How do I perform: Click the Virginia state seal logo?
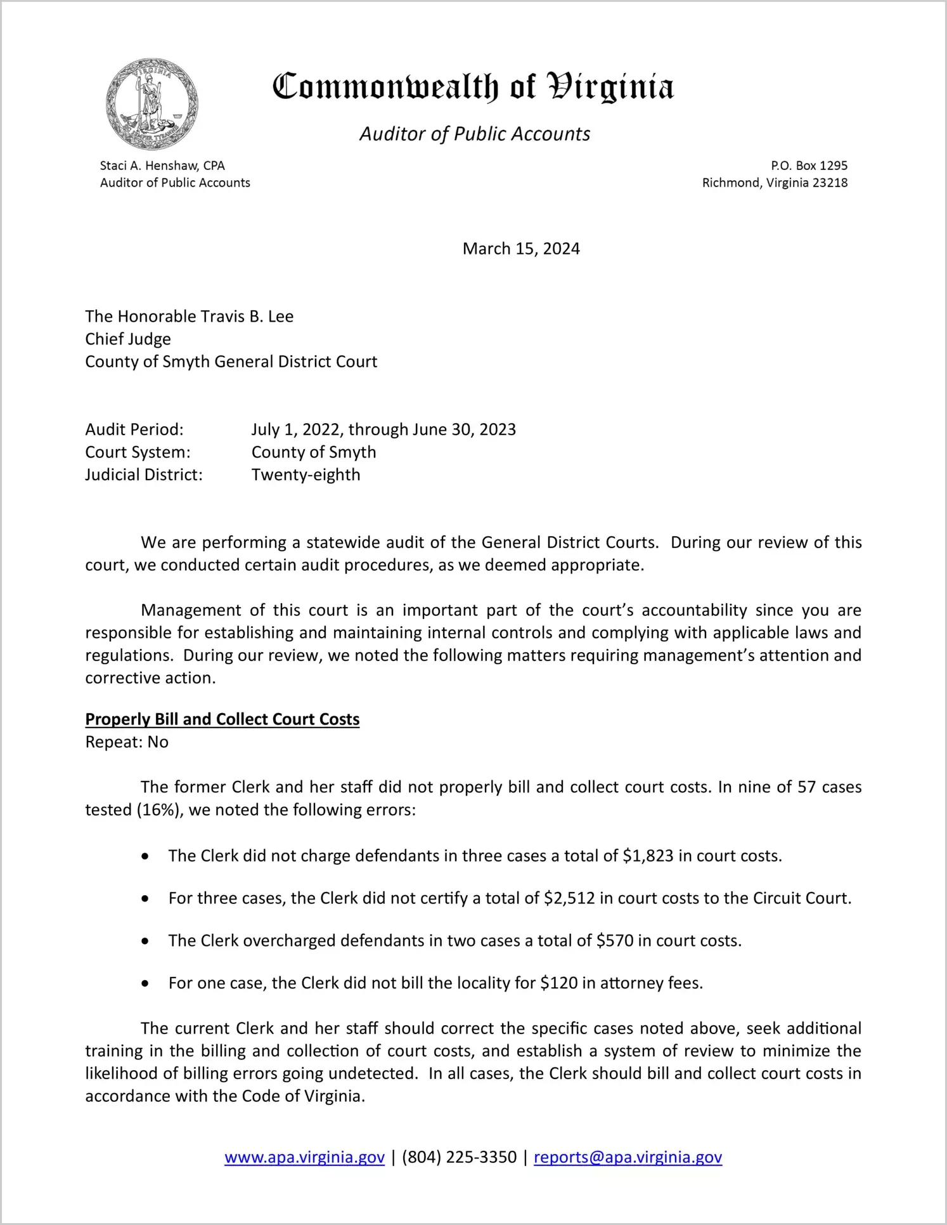152,104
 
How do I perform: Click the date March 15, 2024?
521,249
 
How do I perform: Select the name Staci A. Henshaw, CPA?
162,166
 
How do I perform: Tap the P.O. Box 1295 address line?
809,166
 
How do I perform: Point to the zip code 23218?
830,183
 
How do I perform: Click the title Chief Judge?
128,339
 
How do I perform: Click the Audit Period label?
134,429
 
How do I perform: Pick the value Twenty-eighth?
306,475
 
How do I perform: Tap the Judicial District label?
144,475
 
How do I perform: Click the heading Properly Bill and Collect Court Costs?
222,719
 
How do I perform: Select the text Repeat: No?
127,742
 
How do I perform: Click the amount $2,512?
569,898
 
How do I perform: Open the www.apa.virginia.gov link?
304,1157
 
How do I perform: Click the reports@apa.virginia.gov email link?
628,1157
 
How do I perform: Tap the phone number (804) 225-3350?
459,1157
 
